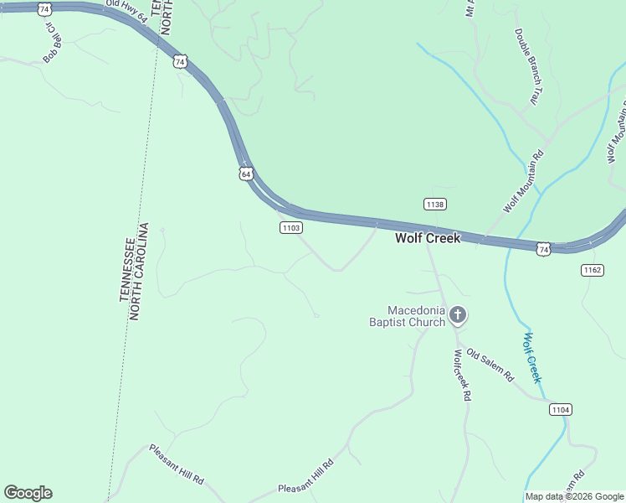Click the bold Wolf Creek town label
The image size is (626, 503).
(x=428, y=238)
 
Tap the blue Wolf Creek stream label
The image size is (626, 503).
(x=533, y=358)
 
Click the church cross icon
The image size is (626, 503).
(x=458, y=316)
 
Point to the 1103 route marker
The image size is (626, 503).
(x=290, y=228)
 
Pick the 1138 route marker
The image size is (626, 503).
(x=434, y=205)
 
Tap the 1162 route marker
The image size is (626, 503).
(x=592, y=270)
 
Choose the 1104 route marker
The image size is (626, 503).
(x=561, y=409)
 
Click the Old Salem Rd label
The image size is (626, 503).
(x=490, y=366)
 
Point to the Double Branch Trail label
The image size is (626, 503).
(x=526, y=67)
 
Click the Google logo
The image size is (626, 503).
(x=28, y=493)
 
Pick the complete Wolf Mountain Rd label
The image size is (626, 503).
(x=524, y=180)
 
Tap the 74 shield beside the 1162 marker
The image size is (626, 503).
(x=544, y=249)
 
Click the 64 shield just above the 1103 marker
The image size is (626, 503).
(x=245, y=174)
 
